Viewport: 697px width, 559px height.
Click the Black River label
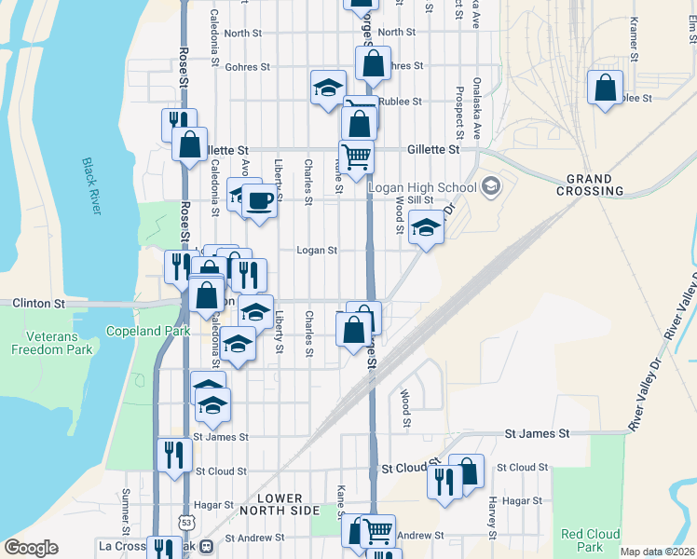coord(91,186)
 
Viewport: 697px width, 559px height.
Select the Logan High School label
coord(422,187)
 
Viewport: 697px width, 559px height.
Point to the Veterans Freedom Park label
coord(52,343)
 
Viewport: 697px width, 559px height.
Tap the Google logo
coord(31,548)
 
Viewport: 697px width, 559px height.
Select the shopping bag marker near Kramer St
coord(606,89)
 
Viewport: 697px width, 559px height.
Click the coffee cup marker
coord(259,199)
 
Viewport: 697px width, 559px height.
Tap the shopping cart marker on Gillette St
coord(356,156)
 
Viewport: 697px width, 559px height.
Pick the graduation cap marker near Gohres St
coord(326,89)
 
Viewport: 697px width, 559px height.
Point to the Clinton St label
coord(38,304)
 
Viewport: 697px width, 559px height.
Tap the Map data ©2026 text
coord(657,552)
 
